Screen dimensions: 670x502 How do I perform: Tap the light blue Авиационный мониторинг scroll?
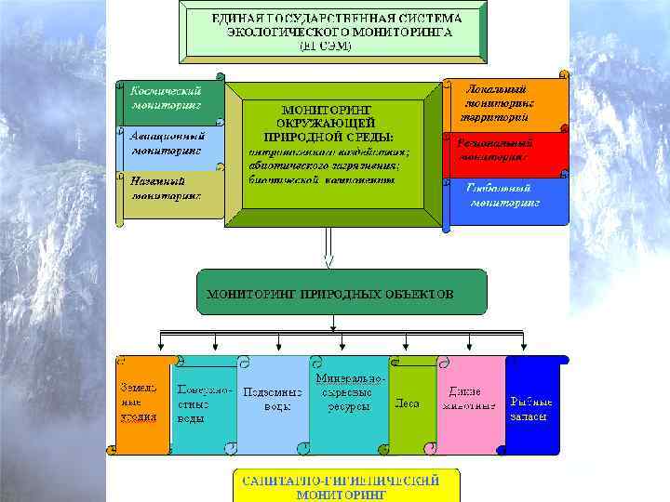click(169, 145)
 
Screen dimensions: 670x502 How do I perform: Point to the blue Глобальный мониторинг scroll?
click(507, 198)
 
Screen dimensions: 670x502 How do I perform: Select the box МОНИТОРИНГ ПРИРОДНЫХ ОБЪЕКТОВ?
click(342, 293)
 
